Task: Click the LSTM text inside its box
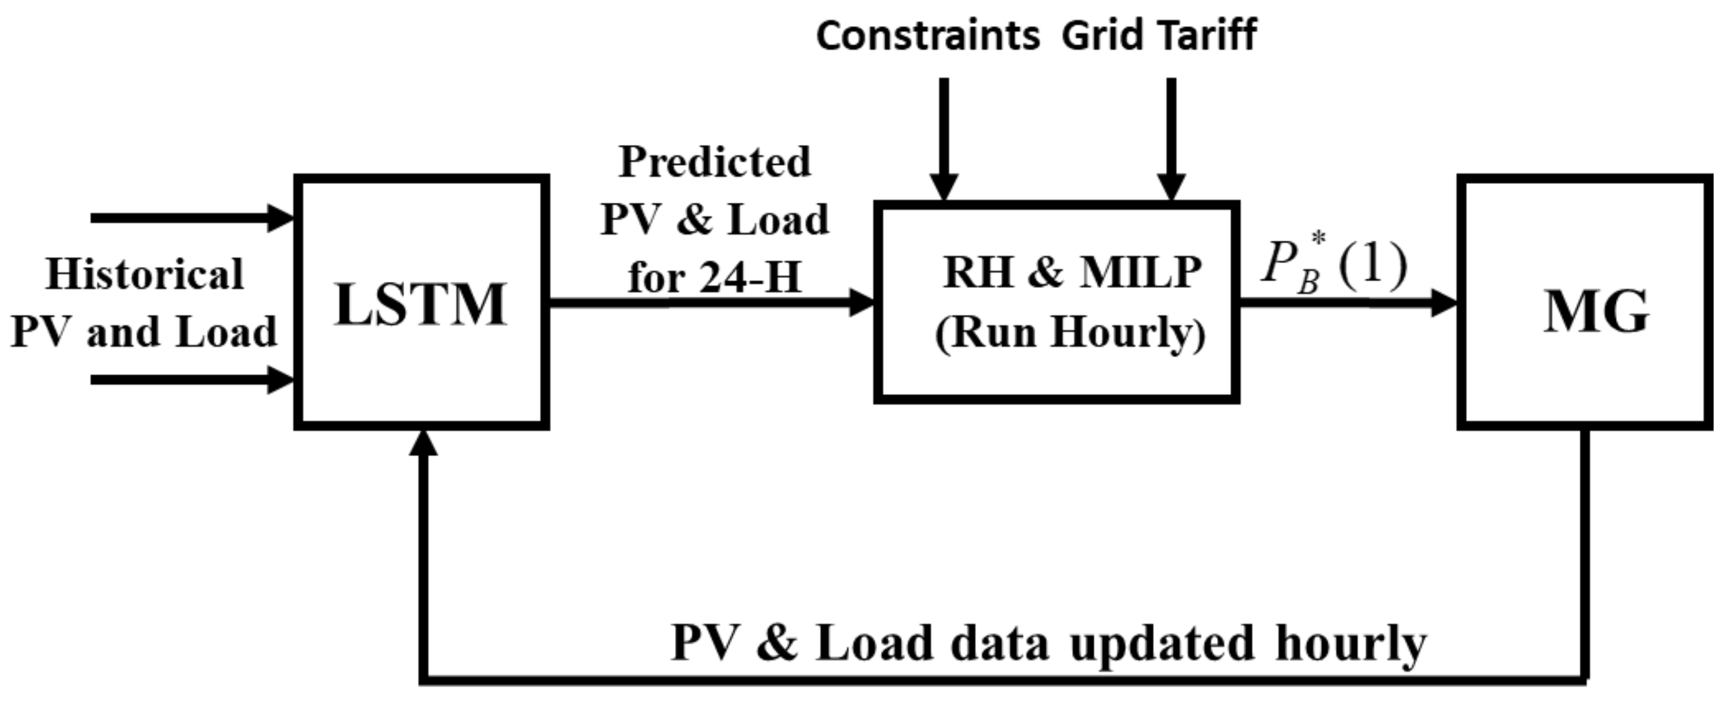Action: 421,305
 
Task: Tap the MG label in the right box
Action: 1595,312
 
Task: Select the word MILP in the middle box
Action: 1140,273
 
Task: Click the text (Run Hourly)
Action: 1070,332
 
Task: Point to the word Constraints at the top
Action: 927,36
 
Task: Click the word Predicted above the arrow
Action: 715,162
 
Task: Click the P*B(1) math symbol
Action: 1333,265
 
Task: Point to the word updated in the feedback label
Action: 1162,642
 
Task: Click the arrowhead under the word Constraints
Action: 944,186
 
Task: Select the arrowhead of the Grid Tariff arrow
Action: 1171,186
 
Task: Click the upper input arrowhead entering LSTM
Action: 281,218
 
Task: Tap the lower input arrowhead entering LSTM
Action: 281,380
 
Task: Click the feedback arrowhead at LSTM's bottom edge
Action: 423,443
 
